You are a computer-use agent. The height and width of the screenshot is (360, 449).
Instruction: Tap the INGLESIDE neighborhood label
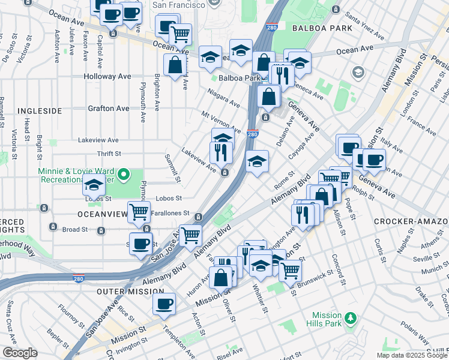click(x=39, y=111)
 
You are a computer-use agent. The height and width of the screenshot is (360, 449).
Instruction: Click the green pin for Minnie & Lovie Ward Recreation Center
click(x=123, y=175)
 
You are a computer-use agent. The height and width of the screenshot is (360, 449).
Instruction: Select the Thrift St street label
click(x=109, y=154)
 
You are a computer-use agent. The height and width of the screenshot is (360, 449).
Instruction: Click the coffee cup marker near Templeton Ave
click(x=164, y=304)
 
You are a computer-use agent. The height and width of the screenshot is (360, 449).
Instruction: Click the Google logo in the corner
click(x=20, y=353)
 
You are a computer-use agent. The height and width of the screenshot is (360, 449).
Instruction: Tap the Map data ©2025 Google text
click(x=411, y=355)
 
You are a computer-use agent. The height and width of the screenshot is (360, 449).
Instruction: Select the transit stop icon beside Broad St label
click(x=53, y=227)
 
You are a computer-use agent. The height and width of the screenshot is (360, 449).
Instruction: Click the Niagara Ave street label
click(x=223, y=98)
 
